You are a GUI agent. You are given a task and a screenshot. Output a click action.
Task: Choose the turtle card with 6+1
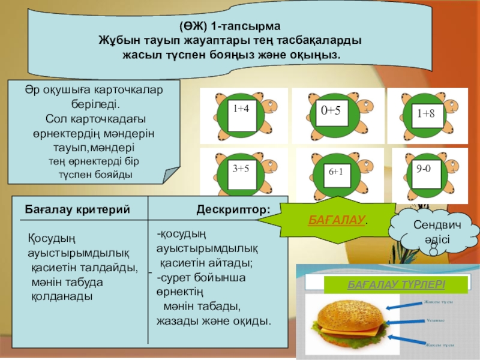(335, 173)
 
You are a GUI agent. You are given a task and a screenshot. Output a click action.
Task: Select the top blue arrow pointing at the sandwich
(402, 306)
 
